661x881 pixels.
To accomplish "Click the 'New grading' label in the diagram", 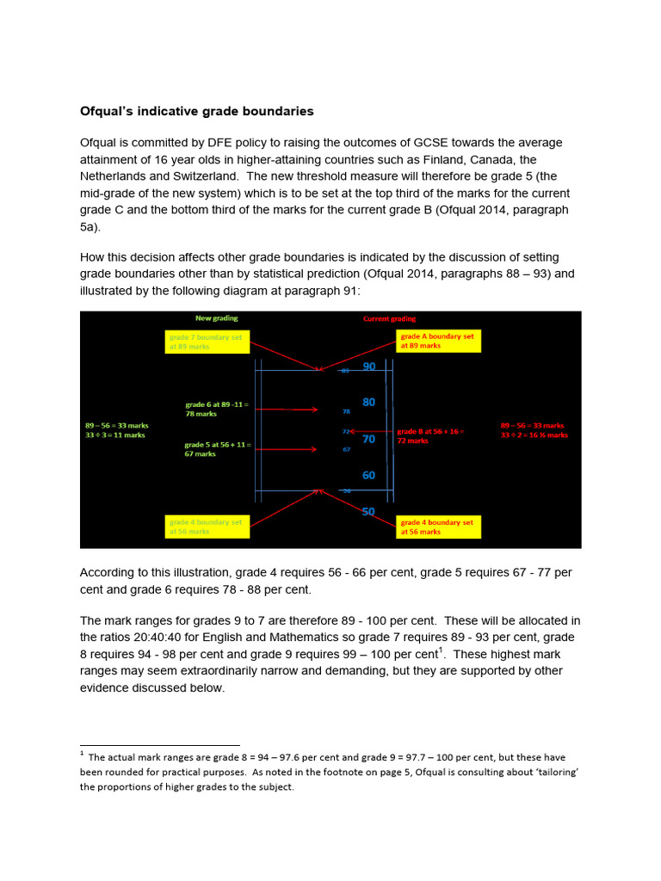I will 217,318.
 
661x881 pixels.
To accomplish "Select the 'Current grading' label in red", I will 389,319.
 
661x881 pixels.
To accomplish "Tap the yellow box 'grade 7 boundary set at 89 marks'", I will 207,342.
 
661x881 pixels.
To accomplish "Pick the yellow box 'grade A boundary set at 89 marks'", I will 438,341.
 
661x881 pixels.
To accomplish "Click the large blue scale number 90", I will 369,367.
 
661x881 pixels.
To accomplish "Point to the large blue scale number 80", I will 369,402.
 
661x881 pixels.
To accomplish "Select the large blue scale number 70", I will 369,439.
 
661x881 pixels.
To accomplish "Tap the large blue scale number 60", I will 369,475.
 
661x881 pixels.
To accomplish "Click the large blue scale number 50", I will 369,511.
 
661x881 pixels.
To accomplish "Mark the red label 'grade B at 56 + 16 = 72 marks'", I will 429,435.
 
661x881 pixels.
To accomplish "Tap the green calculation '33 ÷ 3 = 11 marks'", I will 115,435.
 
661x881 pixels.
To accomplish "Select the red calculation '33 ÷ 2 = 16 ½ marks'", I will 534,435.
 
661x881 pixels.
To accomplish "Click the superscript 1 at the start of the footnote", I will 82,754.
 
